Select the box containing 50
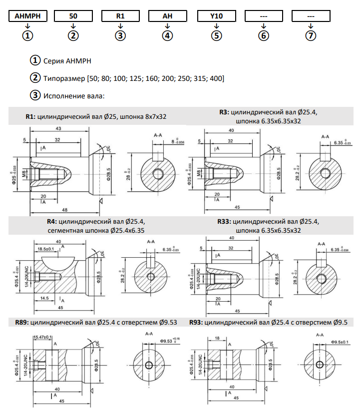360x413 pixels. (74, 16)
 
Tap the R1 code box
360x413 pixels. (120, 16)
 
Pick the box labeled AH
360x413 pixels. (167, 16)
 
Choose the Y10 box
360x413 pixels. (216, 16)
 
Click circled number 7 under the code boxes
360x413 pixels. (311, 36)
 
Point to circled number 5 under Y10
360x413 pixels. (216, 36)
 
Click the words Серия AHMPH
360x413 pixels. (67, 61)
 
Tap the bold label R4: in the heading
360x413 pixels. (51, 221)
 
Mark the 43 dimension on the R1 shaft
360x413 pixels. (59, 129)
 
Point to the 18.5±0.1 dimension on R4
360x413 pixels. (45, 248)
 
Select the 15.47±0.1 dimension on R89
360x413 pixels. (43, 338)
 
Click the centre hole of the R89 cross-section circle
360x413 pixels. (149, 366)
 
